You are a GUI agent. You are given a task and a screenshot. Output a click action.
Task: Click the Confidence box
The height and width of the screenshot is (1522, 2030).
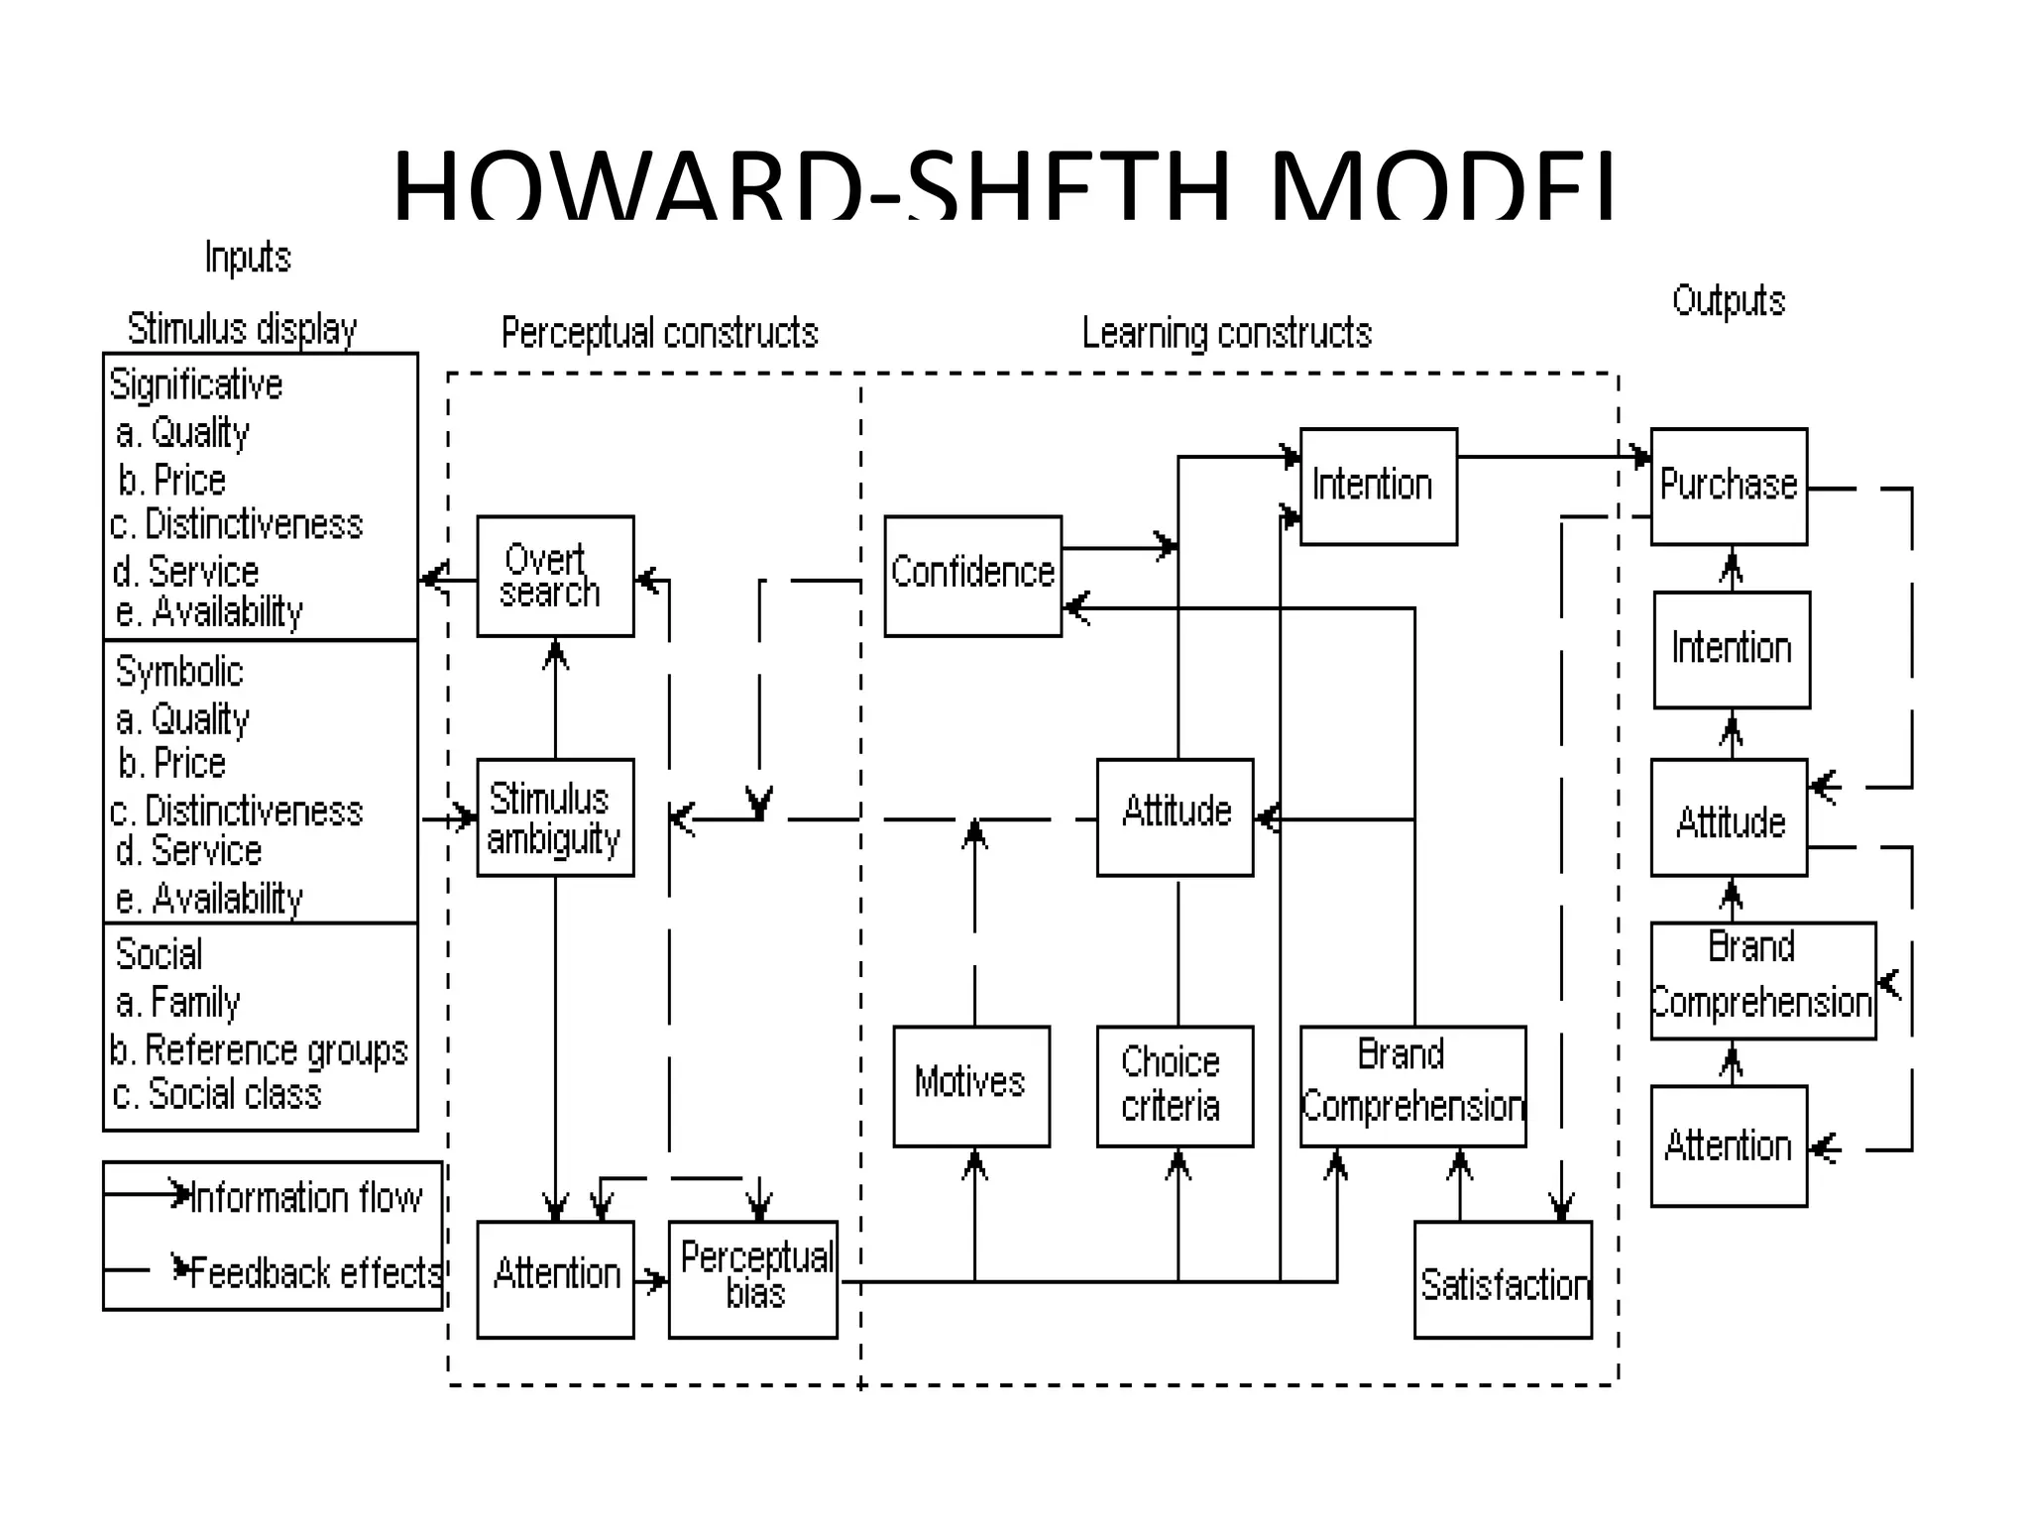pos(972,575)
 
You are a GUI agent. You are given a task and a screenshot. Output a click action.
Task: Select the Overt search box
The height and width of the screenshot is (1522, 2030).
pos(555,576)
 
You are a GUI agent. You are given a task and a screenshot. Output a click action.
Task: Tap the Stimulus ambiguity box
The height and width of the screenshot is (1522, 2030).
pos(555,817)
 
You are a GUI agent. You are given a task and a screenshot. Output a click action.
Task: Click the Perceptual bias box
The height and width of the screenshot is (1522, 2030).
pos(753,1279)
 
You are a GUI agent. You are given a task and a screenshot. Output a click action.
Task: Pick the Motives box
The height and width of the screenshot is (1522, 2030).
pos(971,1086)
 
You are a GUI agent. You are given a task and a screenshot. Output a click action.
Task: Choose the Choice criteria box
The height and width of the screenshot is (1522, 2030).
pos(1175,1086)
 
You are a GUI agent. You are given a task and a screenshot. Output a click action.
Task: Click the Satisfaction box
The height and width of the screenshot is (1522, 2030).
pos(1503,1279)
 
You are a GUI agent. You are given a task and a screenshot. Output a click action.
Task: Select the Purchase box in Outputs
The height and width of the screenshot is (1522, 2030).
pos(1729,486)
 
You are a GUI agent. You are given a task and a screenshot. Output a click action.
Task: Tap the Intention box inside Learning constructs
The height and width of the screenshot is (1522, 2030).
pos(1378,486)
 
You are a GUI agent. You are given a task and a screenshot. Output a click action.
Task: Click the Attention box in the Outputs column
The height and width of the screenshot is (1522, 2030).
pos(1729,1145)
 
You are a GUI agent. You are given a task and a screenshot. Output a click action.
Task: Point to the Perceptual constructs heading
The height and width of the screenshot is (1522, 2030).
pos(659,333)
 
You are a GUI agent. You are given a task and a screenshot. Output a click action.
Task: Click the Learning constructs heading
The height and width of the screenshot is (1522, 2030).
pos(1226,333)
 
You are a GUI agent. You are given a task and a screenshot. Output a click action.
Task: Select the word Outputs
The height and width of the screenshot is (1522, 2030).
pos(1728,300)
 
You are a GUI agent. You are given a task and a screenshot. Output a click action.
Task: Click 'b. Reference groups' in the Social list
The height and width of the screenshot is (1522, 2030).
pos(260,1049)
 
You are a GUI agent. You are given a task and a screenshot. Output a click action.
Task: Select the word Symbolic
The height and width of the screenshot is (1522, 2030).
pos(179,672)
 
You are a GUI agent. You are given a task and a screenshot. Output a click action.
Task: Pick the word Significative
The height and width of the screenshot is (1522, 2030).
pos(196,384)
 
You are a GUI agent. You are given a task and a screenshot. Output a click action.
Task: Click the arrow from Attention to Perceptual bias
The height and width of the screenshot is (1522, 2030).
pos(651,1280)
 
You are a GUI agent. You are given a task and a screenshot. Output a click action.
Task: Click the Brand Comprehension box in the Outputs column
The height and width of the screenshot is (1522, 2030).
pos(1762,980)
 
